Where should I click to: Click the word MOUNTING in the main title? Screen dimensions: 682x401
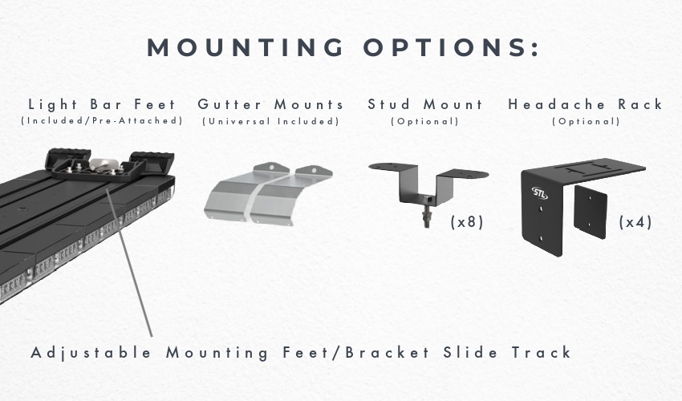point(246,47)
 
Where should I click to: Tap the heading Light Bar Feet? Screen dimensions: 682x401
point(102,104)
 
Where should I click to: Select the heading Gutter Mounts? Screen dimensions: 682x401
point(270,104)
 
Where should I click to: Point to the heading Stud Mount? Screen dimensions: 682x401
point(425,104)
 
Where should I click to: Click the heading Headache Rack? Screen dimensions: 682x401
point(586,104)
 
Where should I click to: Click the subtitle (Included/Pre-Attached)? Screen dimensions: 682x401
point(102,121)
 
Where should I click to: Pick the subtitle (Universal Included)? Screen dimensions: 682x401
point(270,121)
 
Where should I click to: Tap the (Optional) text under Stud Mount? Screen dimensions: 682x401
point(425,121)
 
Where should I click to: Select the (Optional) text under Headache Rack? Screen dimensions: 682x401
point(586,121)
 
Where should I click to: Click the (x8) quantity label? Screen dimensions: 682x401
point(467,222)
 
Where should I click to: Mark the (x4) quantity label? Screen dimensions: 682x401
point(635,222)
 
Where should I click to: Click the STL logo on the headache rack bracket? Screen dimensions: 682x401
point(539,192)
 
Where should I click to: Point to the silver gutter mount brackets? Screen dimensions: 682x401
point(268,194)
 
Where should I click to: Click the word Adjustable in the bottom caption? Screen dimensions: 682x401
point(91,353)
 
